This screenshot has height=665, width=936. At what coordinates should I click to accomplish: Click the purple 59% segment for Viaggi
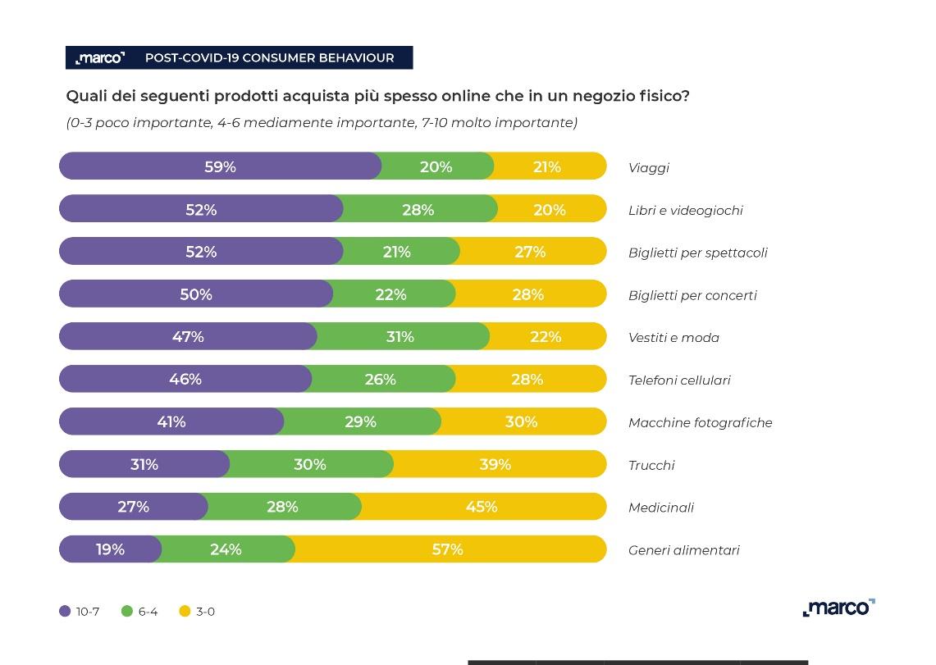(x=220, y=166)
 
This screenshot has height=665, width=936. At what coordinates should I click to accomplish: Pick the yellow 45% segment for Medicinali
(x=482, y=507)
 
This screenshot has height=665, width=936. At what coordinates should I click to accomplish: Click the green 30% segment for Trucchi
(x=310, y=464)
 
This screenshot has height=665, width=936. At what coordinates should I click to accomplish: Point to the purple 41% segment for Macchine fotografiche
(x=171, y=421)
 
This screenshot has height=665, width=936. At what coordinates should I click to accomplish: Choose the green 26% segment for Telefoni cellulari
(x=381, y=379)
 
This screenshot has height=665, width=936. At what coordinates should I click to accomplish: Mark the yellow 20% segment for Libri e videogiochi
(x=550, y=209)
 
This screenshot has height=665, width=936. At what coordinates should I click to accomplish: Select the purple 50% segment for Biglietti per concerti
(x=196, y=294)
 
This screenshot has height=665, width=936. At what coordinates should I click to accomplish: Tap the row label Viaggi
(x=649, y=168)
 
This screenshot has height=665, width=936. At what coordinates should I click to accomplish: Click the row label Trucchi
(x=651, y=465)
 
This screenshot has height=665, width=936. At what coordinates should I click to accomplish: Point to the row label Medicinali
(x=661, y=508)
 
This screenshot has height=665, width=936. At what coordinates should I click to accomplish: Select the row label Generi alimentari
(x=683, y=550)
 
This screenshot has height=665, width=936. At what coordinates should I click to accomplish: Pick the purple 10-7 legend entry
(x=80, y=611)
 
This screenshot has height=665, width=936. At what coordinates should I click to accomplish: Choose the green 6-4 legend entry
(x=139, y=611)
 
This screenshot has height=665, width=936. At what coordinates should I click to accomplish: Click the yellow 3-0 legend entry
(x=197, y=611)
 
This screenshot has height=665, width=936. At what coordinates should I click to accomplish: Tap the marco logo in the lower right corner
(x=838, y=608)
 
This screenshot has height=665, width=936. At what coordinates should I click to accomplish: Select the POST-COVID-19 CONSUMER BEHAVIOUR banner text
(x=269, y=58)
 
